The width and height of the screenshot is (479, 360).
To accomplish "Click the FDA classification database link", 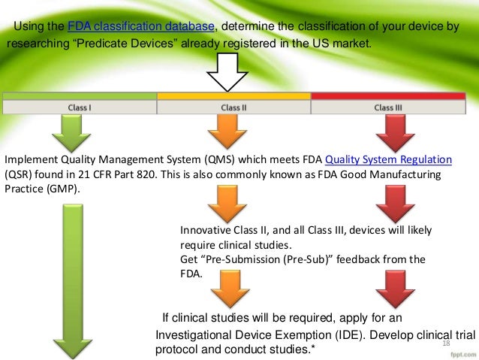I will pyautogui.click(x=140, y=28).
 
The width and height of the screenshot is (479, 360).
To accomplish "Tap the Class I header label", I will pyautogui.click(x=80, y=107).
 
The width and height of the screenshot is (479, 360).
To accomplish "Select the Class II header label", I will pyautogui.click(x=233, y=107).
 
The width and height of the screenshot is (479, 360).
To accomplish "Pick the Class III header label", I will pyautogui.click(x=387, y=107).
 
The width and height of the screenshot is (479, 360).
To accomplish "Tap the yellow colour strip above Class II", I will pyautogui.click(x=233, y=96).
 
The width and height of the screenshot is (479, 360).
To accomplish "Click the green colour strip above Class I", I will pyautogui.click(x=80, y=96).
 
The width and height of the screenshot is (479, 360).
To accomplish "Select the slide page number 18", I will pyautogui.click(x=447, y=343).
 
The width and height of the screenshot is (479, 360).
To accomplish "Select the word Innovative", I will pyautogui.click(x=205, y=231).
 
